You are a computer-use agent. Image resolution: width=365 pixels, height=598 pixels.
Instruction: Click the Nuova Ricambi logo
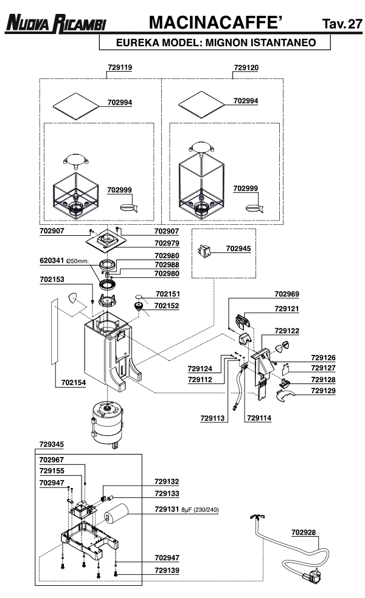(55, 25)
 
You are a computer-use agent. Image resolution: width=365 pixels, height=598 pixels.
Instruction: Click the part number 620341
(52, 260)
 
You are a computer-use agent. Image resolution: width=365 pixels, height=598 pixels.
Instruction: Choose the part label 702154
(74, 383)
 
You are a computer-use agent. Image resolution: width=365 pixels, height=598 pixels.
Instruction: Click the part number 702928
(304, 532)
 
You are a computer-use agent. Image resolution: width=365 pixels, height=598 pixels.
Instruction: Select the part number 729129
(323, 390)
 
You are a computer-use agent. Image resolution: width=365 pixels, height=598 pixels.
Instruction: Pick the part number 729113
(213, 418)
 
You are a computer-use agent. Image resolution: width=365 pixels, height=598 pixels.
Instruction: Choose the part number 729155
(51, 471)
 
